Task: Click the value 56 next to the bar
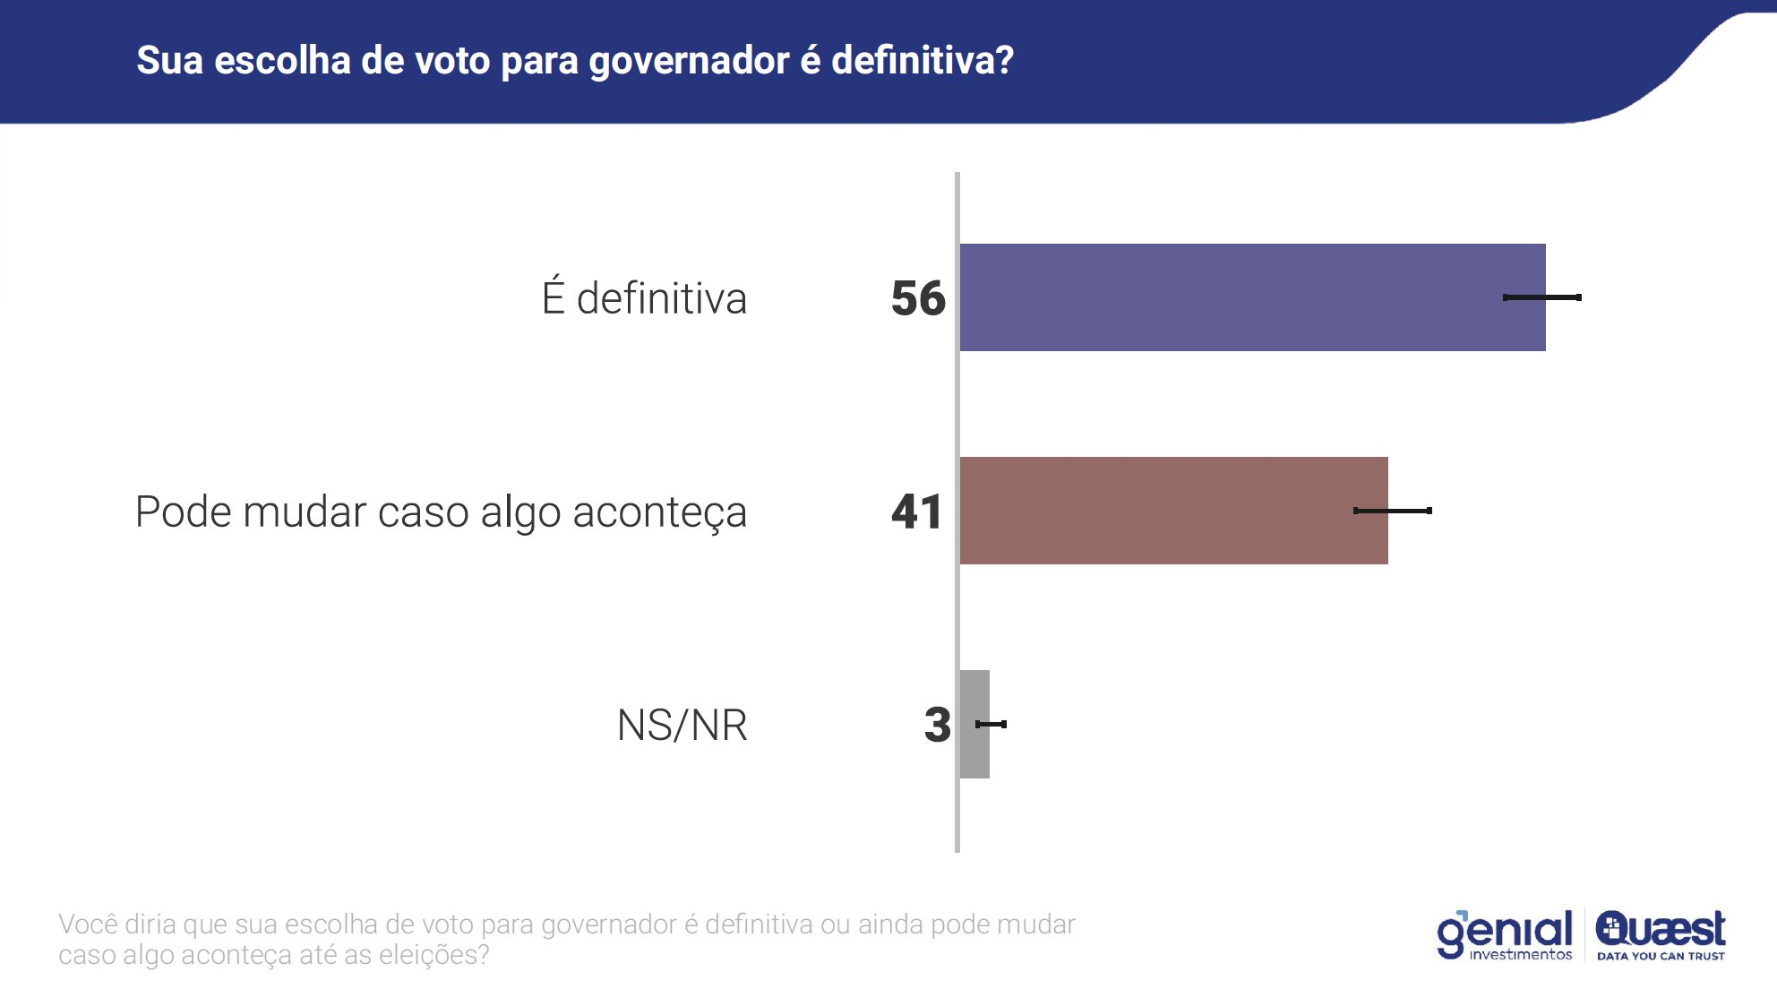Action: coord(918,298)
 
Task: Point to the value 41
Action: coord(917,512)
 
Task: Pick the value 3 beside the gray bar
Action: coord(937,725)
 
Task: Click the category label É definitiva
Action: coord(644,298)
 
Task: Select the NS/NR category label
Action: coord(682,725)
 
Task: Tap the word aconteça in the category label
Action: coord(659,513)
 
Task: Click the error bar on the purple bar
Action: coord(1542,297)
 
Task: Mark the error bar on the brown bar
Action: coord(1393,511)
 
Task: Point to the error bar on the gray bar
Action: coord(992,724)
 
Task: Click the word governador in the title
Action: coord(688,61)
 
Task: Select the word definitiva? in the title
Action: coord(923,60)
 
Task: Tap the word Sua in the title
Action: coord(169,60)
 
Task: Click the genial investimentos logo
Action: coord(1505,934)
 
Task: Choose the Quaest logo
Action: coord(1661,928)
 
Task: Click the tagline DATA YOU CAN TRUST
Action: coord(1661,956)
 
